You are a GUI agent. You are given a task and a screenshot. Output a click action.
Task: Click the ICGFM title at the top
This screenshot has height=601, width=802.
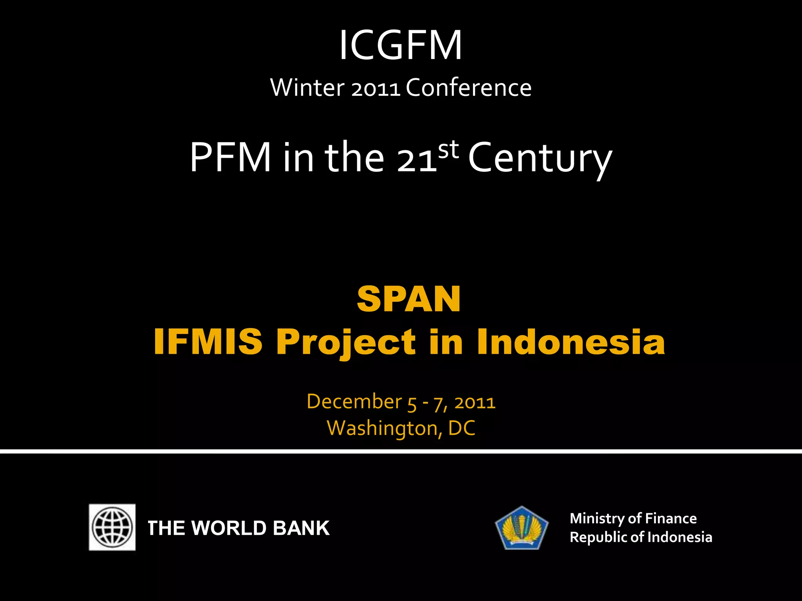[400, 46]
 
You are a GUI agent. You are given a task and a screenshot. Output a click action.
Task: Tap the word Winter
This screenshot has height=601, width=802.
[307, 88]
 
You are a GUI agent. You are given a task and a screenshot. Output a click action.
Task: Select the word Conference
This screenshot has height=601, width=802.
[468, 88]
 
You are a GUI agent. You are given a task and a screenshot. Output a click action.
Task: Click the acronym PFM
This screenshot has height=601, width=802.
[230, 158]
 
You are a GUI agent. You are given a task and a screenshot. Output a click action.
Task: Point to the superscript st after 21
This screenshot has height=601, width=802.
[448, 149]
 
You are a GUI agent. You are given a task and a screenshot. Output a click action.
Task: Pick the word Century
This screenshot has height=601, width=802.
[540, 158]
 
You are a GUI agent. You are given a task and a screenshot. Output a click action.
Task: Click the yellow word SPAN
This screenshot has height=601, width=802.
[408, 299]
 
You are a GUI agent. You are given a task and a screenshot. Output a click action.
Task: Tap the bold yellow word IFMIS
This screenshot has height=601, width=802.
[208, 342]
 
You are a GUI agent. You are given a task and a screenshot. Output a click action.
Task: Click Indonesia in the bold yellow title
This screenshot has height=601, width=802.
[571, 342]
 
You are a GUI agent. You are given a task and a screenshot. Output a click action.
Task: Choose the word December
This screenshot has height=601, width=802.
[354, 401]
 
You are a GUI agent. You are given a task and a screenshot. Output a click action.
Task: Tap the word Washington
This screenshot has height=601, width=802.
[382, 428]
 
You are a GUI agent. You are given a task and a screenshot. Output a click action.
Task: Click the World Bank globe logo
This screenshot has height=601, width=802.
[112, 527]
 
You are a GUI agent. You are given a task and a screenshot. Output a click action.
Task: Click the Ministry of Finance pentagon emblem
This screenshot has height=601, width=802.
[522, 528]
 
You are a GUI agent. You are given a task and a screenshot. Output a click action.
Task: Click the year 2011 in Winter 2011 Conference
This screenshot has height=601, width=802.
[376, 88]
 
